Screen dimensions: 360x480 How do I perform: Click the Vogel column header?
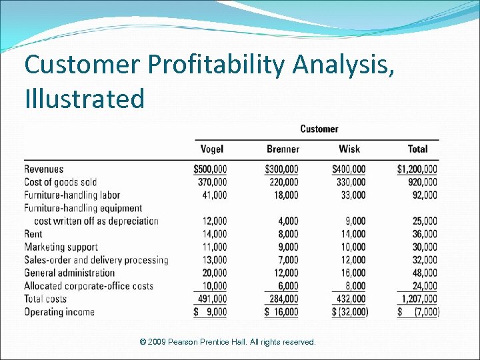click(211, 149)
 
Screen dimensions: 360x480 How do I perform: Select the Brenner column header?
click(283, 149)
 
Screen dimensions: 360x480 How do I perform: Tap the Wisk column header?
click(349, 149)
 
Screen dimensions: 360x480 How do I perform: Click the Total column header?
click(417, 149)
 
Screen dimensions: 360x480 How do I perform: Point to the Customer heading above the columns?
click(319, 129)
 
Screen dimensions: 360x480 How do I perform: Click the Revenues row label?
click(44, 169)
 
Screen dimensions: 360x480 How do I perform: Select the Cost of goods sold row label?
click(61, 182)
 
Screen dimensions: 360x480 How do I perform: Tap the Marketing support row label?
click(61, 247)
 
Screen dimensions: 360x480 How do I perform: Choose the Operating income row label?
click(59, 312)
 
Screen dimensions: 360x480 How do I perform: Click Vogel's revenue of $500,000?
click(210, 169)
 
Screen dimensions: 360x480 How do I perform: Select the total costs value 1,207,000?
click(418, 299)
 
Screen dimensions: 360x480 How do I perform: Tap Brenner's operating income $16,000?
click(282, 312)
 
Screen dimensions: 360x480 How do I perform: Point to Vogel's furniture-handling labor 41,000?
click(213, 195)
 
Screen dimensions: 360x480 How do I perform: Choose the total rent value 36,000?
click(425, 234)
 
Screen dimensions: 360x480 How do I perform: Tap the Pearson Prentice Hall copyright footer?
click(228, 342)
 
